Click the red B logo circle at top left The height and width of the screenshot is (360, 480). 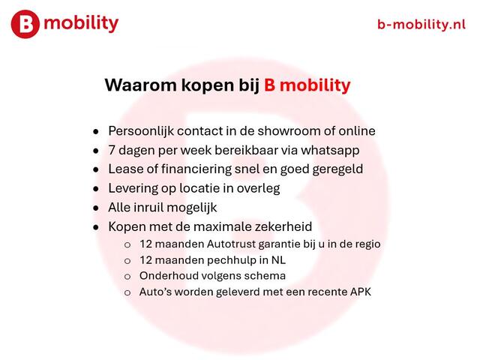coord(25,25)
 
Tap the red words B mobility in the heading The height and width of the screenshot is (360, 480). coord(307,85)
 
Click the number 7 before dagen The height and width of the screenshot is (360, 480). coord(112,150)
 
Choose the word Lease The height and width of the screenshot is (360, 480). coord(125,169)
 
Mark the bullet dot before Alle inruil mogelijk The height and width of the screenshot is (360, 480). coord(96,208)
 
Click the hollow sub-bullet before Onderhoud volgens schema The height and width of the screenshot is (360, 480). coord(127,276)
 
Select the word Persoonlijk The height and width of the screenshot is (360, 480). coord(142,131)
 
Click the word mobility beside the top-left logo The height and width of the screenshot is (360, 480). coord(81,23)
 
